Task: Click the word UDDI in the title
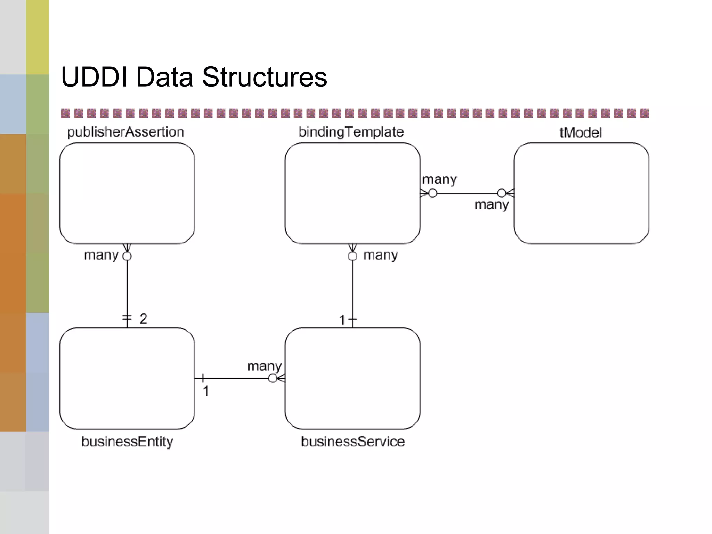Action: (94, 77)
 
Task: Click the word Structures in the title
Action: (265, 77)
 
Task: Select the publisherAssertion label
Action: (126, 132)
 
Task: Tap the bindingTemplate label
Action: (351, 132)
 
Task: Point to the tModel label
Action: (581, 132)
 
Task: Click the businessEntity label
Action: (127, 442)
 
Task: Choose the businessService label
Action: (353, 442)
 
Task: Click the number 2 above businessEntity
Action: (144, 318)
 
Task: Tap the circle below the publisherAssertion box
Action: (127, 257)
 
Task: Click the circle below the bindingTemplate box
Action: (353, 257)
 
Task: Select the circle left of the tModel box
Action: (502, 193)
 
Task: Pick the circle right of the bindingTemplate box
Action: (432, 193)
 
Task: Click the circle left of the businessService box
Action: (273, 378)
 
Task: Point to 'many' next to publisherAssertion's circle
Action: (101, 255)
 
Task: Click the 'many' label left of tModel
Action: (492, 204)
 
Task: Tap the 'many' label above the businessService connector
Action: (264, 366)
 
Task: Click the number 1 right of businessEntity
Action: (206, 391)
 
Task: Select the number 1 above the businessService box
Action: (342, 320)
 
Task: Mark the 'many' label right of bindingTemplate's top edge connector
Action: (439, 179)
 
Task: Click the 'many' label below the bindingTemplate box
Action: (381, 255)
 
